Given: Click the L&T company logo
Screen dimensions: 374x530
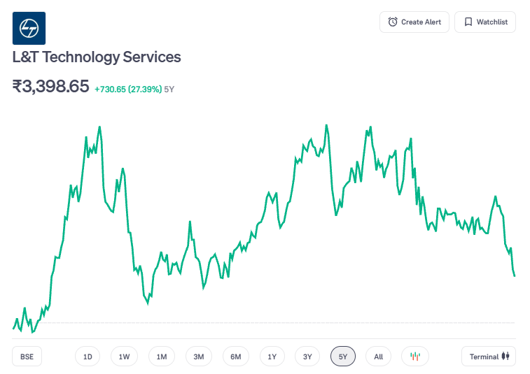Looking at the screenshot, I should (29, 29).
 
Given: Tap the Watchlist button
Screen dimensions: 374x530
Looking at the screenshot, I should (485, 22).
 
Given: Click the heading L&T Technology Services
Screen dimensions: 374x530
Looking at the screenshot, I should (97, 57).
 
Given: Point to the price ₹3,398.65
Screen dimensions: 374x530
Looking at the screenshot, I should (51, 87).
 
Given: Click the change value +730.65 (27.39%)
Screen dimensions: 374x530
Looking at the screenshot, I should (128, 89).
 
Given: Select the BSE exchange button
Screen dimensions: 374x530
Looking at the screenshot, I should (27, 357).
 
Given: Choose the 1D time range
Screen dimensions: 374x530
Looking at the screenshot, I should (88, 357).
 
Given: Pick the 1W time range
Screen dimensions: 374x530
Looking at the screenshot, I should (124, 357).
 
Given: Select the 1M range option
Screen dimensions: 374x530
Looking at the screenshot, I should (162, 357).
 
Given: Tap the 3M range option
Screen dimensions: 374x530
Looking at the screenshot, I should (199, 357).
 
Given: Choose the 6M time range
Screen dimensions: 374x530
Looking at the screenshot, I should (236, 357).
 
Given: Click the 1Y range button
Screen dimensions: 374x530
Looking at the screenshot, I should (272, 357).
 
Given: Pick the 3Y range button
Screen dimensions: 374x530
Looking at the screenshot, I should (307, 357).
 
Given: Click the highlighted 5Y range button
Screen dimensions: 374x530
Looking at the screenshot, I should (343, 357).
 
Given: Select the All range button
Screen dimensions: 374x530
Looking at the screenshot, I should (378, 357).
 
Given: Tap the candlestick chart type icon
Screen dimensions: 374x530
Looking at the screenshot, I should (415, 357).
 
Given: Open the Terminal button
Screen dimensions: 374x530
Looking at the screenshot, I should (489, 357).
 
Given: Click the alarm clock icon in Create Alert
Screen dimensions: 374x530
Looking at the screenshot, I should (393, 22).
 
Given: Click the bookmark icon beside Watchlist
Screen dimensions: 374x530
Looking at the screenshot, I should (468, 22).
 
